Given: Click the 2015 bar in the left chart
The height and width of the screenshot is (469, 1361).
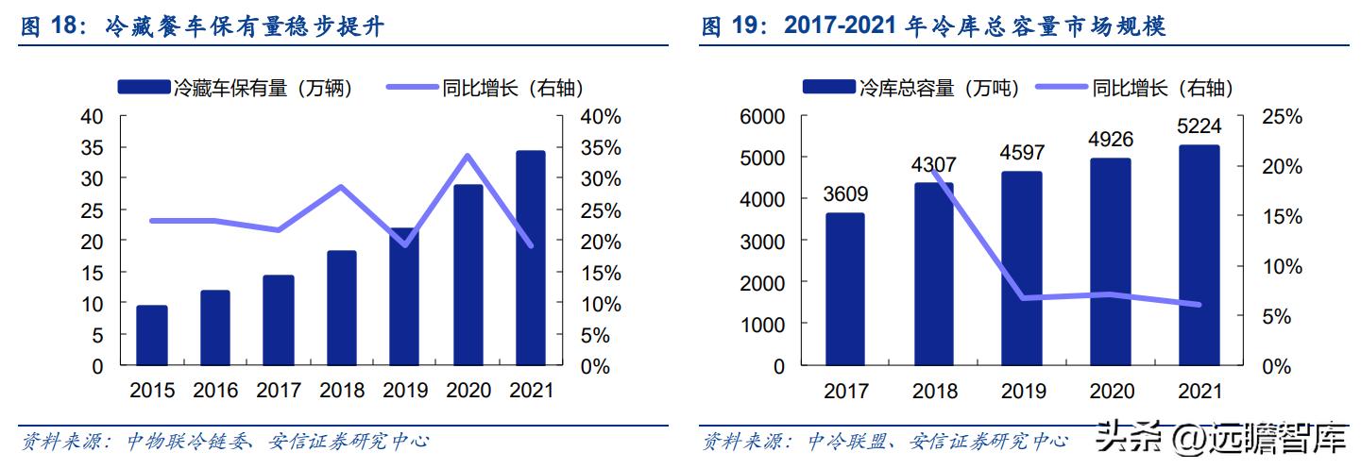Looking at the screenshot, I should click(152, 335).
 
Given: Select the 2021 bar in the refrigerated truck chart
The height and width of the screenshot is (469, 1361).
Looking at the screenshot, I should click(531, 258).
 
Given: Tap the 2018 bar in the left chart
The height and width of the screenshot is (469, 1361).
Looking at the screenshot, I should click(341, 308).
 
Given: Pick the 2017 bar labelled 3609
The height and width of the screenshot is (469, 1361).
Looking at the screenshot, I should click(844, 289).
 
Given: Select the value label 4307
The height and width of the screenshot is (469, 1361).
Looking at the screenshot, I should click(933, 164).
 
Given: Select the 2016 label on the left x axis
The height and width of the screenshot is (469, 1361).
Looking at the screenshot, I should click(215, 390).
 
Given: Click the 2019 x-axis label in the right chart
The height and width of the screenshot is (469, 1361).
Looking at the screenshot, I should click(1022, 391).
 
